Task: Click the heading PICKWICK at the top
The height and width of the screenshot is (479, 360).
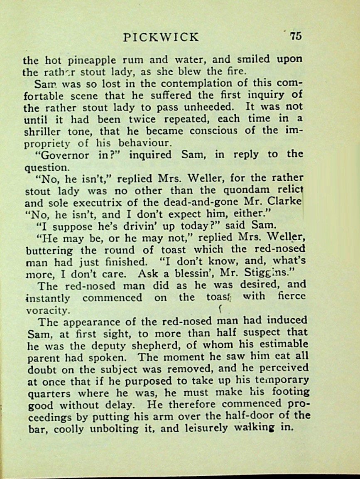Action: [161, 37]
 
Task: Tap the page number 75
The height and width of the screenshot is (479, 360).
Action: [296, 36]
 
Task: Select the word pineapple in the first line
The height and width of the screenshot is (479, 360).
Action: [86, 60]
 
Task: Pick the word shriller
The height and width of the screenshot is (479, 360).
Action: [42, 131]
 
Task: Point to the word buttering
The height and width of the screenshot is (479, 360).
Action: [49, 251]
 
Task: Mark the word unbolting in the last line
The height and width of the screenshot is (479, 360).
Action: [135, 428]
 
